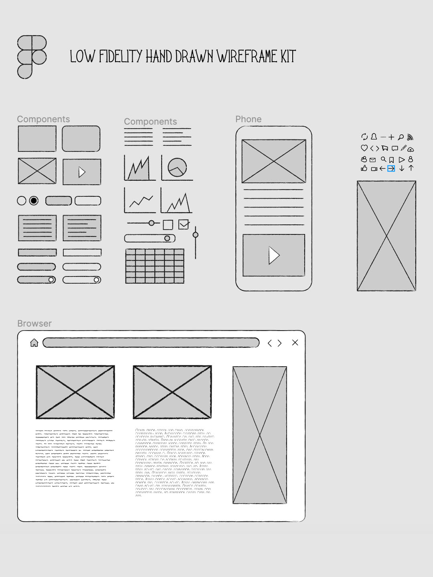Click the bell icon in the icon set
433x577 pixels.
(x=374, y=137)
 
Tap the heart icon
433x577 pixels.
(x=364, y=148)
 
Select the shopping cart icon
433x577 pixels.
(x=384, y=148)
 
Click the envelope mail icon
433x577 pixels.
(x=372, y=159)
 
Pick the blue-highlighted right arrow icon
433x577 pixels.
(x=391, y=169)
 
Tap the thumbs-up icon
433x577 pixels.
(x=364, y=168)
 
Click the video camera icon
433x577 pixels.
(x=374, y=169)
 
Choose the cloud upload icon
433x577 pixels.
(x=411, y=149)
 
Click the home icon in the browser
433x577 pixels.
(x=34, y=343)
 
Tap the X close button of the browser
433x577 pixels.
(x=295, y=343)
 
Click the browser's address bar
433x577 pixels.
(x=151, y=343)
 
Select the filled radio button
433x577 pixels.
(x=34, y=201)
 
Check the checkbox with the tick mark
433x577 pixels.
(x=184, y=224)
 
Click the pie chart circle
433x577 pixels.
(x=177, y=167)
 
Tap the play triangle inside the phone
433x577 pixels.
(x=274, y=255)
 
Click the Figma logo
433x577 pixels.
(x=32, y=57)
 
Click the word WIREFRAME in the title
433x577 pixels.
(x=247, y=56)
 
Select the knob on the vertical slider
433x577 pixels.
(x=195, y=235)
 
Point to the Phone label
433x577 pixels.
(x=249, y=119)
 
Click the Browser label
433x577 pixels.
(x=34, y=323)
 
